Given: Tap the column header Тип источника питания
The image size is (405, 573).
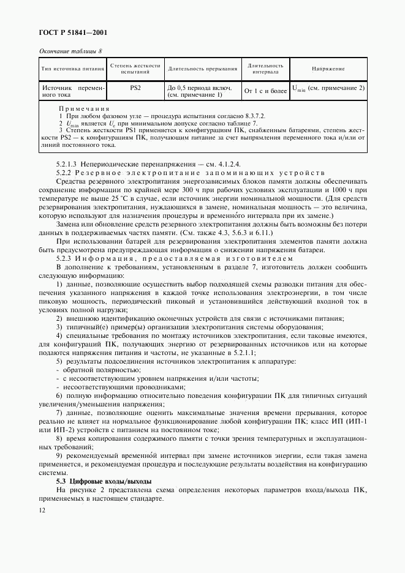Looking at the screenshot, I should [72, 69].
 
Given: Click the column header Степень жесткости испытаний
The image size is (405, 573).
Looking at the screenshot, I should [135, 69].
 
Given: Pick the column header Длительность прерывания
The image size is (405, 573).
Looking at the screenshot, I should [203, 69].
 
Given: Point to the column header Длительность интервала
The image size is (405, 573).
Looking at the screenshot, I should [265, 69].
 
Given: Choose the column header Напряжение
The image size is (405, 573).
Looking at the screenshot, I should [328, 69].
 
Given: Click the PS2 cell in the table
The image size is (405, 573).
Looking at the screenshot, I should [135, 88].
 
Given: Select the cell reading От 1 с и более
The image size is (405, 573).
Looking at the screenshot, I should [265, 92].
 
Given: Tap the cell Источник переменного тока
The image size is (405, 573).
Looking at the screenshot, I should [72, 92].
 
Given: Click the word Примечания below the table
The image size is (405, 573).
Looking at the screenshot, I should [83, 108].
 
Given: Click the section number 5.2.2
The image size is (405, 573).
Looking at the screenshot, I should [65, 172].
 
